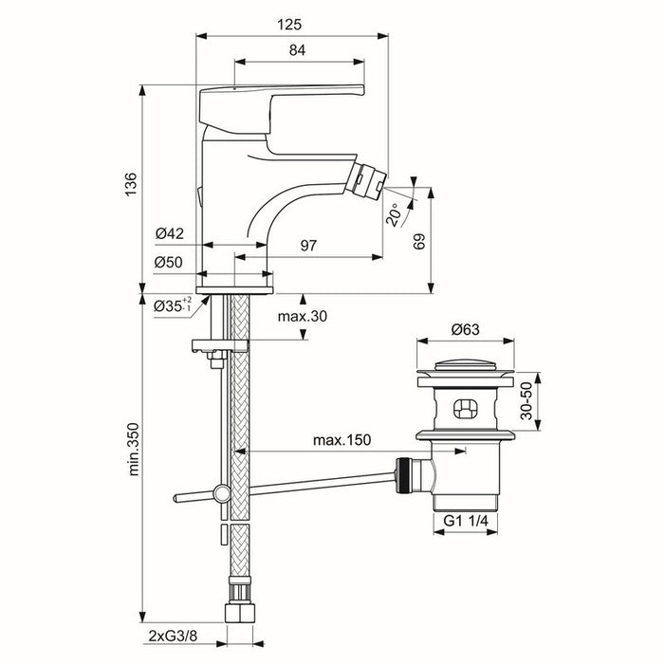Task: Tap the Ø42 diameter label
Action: point(169,232)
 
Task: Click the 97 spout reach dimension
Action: point(308,246)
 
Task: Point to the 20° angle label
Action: point(395,215)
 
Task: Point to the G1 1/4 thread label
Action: point(467,522)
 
